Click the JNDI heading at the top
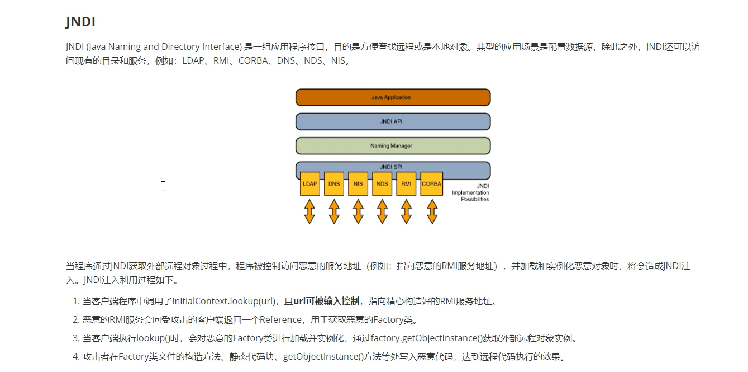point(80,22)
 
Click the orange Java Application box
point(392,97)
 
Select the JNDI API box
point(392,121)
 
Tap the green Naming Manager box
point(392,146)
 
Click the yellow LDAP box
point(309,184)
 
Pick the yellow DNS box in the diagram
point(334,184)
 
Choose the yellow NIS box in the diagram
point(358,184)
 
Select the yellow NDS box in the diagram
point(382,184)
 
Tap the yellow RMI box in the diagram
point(406,184)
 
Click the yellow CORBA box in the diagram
point(431,184)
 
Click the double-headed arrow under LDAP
point(309,212)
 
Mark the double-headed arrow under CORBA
point(431,212)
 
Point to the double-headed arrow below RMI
point(406,212)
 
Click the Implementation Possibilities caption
point(470,192)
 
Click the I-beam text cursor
point(163,186)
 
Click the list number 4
point(75,357)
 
